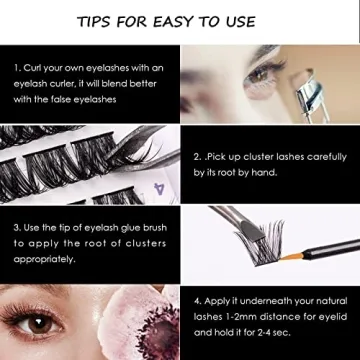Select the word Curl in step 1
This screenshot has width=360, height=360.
37,68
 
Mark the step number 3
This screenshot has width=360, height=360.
17,227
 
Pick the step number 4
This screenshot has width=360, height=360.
197,298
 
